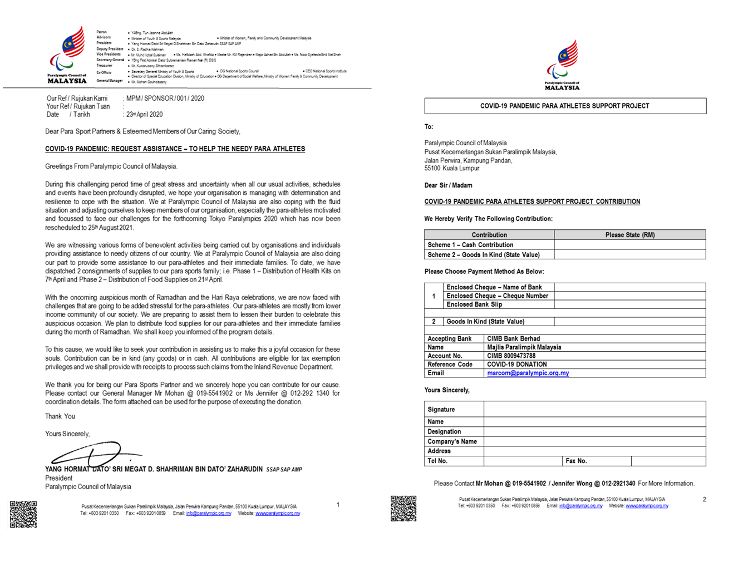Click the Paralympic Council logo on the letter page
[x=67, y=55]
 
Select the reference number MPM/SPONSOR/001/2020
[x=165, y=99]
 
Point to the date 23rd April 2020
[x=144, y=115]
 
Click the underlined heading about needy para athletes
[x=175, y=149]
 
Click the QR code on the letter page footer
[x=23, y=514]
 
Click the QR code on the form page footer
[x=403, y=508]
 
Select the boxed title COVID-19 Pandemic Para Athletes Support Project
[x=564, y=106]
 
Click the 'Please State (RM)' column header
[x=629, y=235]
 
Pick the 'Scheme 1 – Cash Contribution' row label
[x=470, y=245]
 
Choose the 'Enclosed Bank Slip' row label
[x=474, y=304]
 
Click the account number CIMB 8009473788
[x=511, y=356]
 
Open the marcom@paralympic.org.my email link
[x=528, y=373]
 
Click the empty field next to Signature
[x=594, y=409]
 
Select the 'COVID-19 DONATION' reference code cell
[x=516, y=365]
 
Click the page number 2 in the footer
[x=704, y=499]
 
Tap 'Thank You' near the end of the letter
[x=60, y=416]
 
